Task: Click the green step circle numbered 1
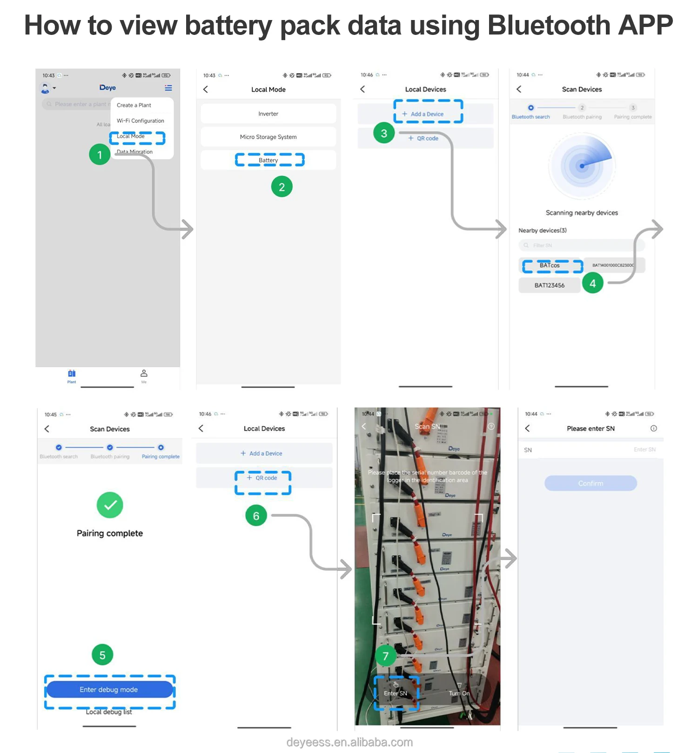100,155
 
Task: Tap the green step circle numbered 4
592,283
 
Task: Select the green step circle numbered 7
385,656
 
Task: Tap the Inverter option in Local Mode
268,114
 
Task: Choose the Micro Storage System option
268,137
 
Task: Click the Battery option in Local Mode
268,160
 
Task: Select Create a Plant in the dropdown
134,105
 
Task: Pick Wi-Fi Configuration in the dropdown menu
141,121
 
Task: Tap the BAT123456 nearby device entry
550,285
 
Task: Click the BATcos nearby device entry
550,265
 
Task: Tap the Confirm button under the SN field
591,484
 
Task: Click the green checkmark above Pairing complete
110,505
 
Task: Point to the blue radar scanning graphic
582,165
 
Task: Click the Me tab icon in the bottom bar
144,374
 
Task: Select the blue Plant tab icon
72,374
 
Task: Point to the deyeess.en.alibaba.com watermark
349,742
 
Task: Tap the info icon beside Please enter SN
654,428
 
